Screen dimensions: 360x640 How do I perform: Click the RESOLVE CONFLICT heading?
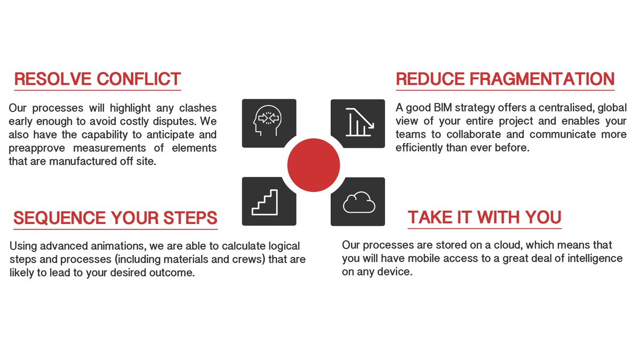click(x=98, y=79)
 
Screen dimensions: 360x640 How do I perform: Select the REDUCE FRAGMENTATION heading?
click(x=505, y=79)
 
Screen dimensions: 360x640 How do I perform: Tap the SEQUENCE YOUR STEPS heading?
click(x=115, y=218)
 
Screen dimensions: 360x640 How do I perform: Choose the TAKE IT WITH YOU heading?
click(x=484, y=218)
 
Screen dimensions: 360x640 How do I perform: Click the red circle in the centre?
click(x=314, y=164)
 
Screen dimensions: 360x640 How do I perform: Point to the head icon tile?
click(x=268, y=122)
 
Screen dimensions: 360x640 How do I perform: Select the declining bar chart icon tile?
click(x=358, y=122)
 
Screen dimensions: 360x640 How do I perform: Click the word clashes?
click(x=198, y=108)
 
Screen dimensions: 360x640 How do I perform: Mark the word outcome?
click(x=169, y=273)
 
